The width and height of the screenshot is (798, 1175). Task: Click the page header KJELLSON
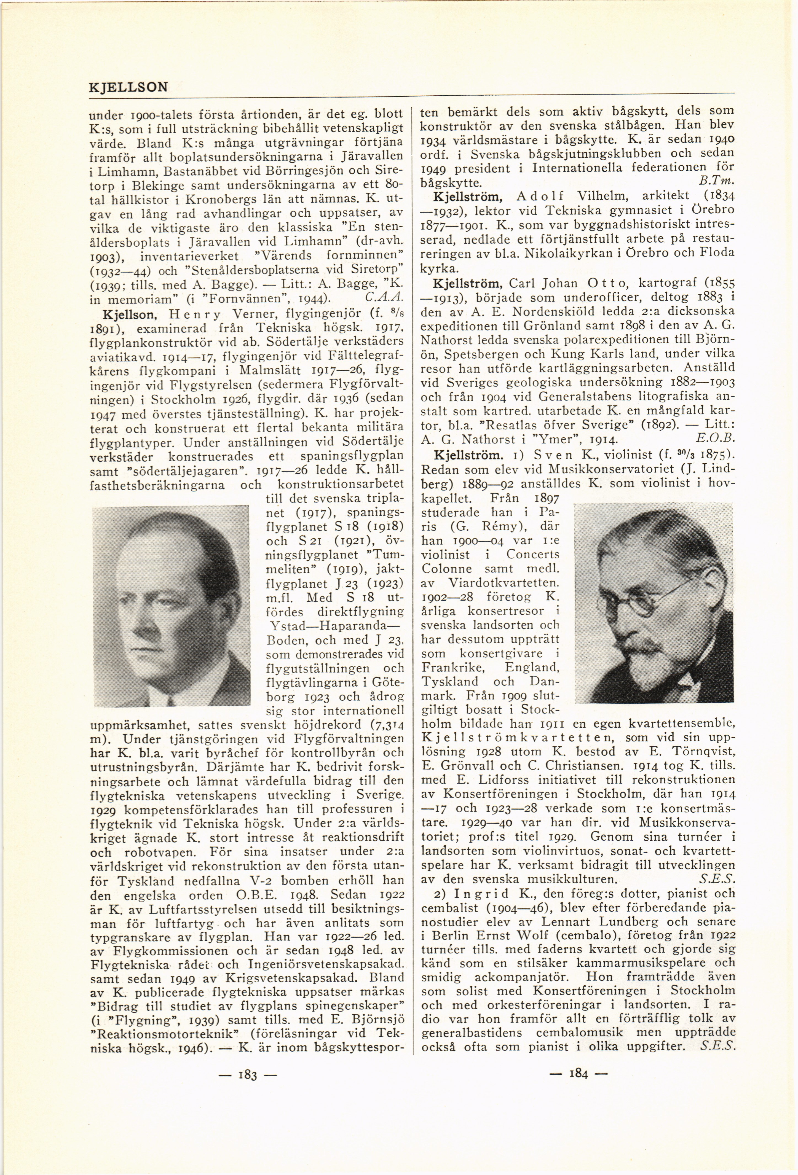pos(128,87)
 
